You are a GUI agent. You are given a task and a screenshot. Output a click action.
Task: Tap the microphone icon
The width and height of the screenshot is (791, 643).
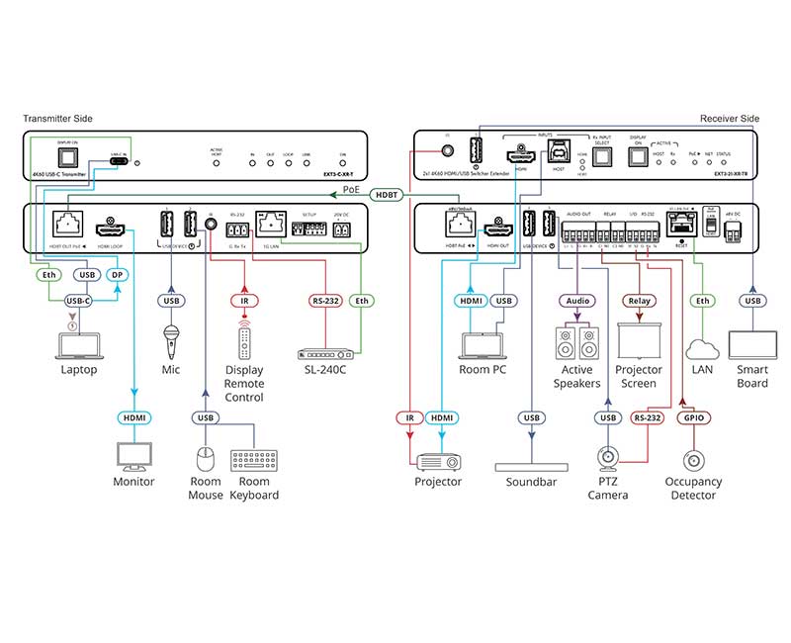pyautogui.click(x=170, y=338)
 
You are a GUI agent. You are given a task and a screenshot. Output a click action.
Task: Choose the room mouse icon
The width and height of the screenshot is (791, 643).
pyautogui.click(x=205, y=460)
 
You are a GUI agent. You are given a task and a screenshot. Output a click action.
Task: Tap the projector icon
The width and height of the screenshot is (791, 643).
pyautogui.click(x=438, y=461)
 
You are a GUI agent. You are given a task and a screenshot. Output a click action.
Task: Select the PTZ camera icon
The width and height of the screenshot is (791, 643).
pyautogui.click(x=608, y=458)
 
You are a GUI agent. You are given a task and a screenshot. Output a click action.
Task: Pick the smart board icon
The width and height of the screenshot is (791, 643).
pyautogui.click(x=753, y=344)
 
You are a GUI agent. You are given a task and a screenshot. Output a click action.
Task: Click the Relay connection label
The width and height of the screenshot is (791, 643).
pyautogui.click(x=638, y=300)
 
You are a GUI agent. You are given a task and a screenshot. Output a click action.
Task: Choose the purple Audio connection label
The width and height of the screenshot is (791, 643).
pyautogui.click(x=576, y=300)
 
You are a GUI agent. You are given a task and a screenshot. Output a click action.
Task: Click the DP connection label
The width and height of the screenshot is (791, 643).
pyautogui.click(x=118, y=274)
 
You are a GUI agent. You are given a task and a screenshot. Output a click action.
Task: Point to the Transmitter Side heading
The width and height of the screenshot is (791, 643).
pyautogui.click(x=58, y=119)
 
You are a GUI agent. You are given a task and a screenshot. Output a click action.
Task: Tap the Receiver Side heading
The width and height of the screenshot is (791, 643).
pyautogui.click(x=730, y=119)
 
